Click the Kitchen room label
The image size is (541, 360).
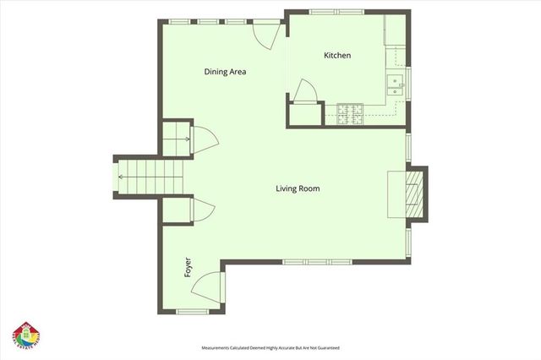[x=337, y=56]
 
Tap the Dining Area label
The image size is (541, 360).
[x=225, y=72]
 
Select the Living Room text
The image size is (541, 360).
[x=298, y=188]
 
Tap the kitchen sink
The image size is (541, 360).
[x=395, y=83]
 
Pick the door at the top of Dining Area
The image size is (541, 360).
[x=265, y=33]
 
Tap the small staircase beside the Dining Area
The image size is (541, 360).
[x=174, y=136]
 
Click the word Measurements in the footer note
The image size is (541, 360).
[x=220, y=348]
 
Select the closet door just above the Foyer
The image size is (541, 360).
[x=202, y=212]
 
